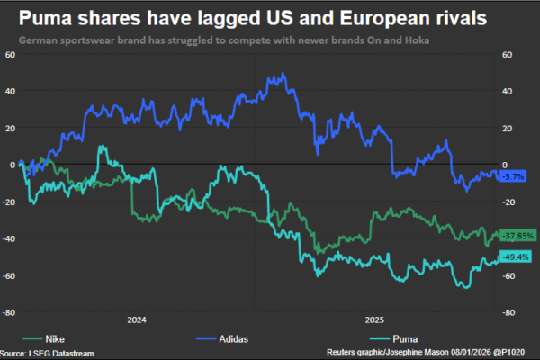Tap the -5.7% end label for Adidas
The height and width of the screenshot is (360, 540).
click(x=514, y=176)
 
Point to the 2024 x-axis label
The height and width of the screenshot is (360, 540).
click(x=138, y=319)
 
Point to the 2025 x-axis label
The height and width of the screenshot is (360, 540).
click(x=375, y=319)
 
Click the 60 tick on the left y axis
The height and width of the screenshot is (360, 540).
click(x=10, y=55)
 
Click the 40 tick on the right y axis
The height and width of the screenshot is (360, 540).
click(x=507, y=92)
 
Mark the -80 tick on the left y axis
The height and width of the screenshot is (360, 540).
click(x=9, y=312)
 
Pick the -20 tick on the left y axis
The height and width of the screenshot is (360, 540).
click(x=9, y=202)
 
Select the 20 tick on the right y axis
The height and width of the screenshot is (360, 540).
click(x=507, y=129)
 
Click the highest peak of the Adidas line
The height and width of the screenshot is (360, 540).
click(x=283, y=74)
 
